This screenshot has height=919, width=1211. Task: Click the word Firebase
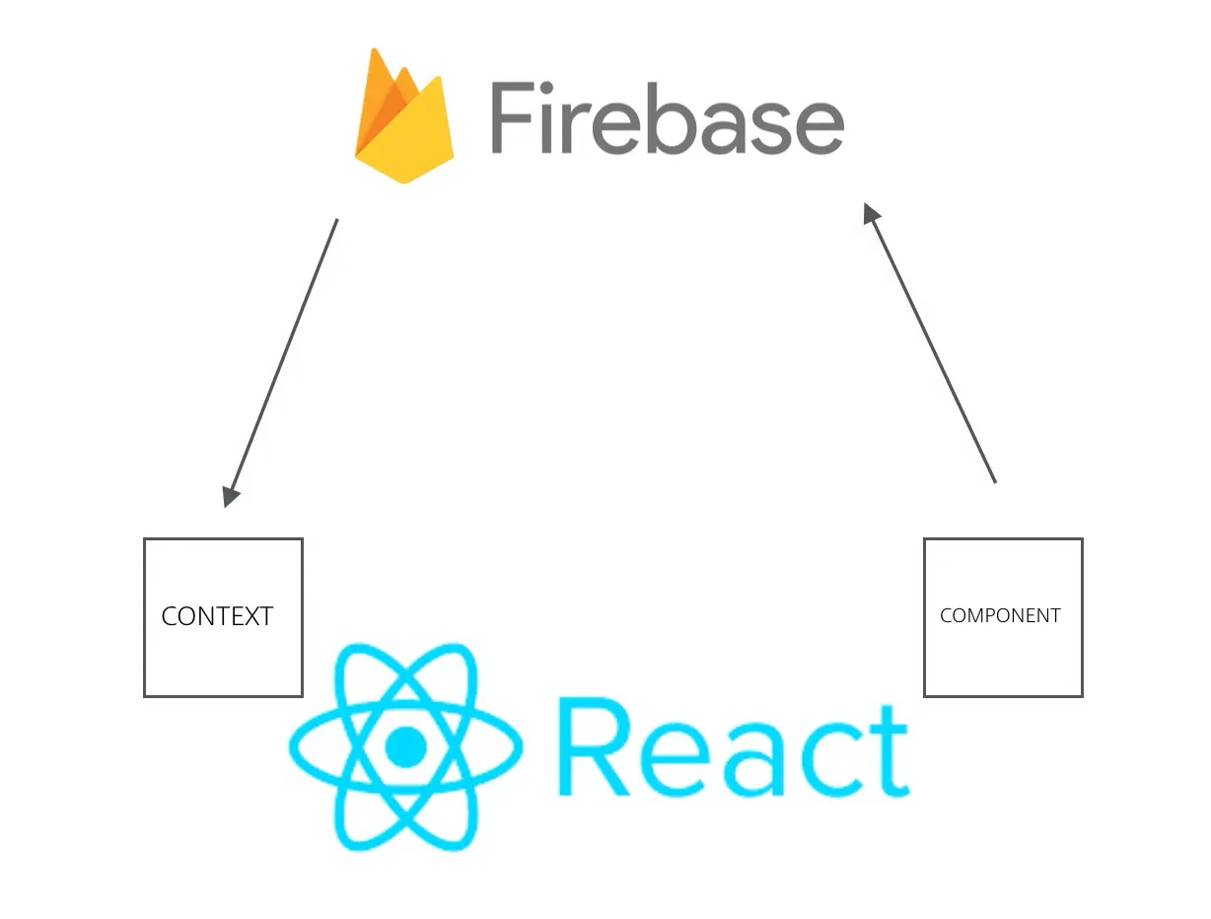[667, 118]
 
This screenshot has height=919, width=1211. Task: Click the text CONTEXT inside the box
[217, 616]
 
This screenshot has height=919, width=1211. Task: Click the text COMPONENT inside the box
[1000, 615]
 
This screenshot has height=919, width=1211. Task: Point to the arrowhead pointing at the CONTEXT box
[231, 495]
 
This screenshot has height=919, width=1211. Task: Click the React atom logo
[404, 746]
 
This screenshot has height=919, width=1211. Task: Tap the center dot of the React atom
[404, 746]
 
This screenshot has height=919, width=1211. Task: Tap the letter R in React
[593, 746]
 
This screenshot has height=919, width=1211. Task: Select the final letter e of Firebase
[814, 126]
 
